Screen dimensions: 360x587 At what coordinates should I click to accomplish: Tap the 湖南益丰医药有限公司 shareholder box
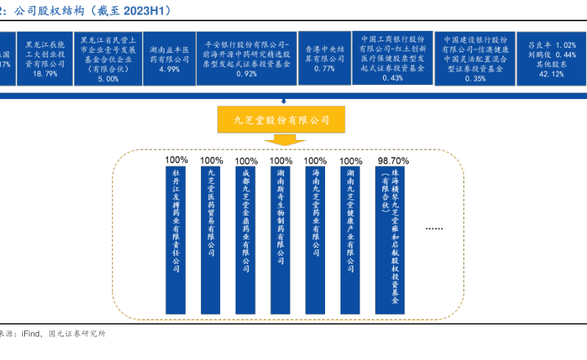pos(169,59)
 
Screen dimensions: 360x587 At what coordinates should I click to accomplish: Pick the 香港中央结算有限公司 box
pos(324,59)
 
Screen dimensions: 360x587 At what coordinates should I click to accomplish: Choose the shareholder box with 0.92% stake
pos(247,59)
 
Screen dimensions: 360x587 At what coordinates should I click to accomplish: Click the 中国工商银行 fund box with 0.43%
pos(393,59)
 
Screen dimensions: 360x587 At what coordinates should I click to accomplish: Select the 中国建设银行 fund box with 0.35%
pos(475,59)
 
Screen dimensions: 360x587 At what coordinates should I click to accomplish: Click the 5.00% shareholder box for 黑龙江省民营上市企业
pos(107,59)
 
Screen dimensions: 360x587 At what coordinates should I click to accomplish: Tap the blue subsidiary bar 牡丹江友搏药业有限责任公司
pos(176,220)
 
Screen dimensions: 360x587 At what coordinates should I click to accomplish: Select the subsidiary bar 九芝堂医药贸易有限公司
pos(211,220)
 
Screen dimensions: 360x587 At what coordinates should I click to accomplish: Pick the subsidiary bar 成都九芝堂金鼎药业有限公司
pos(247,220)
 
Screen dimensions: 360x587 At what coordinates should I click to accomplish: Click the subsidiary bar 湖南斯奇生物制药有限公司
pos(281,220)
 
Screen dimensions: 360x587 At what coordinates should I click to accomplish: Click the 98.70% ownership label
pos(393,160)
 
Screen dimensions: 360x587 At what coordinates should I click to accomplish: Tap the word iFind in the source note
pos(33,334)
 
